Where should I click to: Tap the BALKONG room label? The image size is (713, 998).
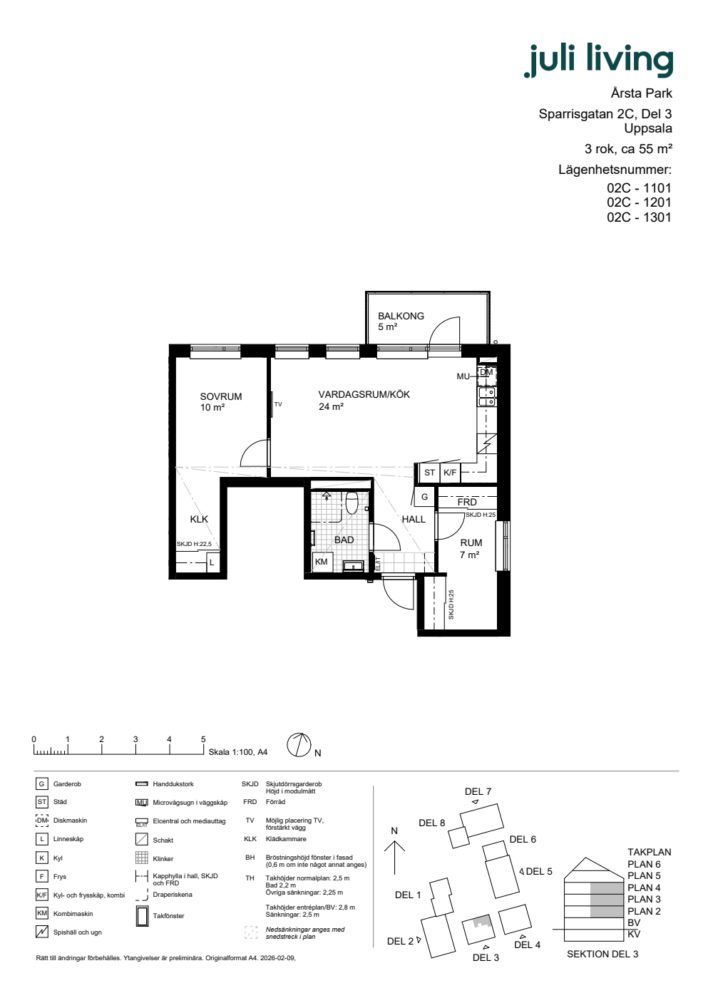coord(401,316)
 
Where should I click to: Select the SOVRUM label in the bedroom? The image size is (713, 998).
coord(220,396)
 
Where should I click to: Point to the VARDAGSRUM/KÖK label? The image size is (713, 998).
coord(364,394)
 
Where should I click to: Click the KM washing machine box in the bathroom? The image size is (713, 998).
coord(322,562)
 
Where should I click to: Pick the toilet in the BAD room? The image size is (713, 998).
coord(352,502)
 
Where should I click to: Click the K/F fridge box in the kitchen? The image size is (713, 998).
coord(450,472)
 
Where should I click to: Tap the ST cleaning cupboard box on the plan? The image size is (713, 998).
coord(429,472)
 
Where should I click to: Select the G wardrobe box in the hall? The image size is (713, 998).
coord(425,496)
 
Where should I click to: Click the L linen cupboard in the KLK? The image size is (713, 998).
coord(212,562)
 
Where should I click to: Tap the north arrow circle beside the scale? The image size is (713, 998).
coord(299,745)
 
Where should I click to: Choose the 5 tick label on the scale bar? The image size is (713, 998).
coord(203,739)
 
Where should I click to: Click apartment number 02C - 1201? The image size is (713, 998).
coord(639,202)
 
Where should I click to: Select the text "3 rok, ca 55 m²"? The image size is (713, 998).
coord(628,149)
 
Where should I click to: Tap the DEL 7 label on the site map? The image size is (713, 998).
coord(478,791)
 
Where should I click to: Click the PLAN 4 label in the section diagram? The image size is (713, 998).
coord(644,888)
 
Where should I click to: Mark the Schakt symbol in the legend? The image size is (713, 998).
coord(142,840)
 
